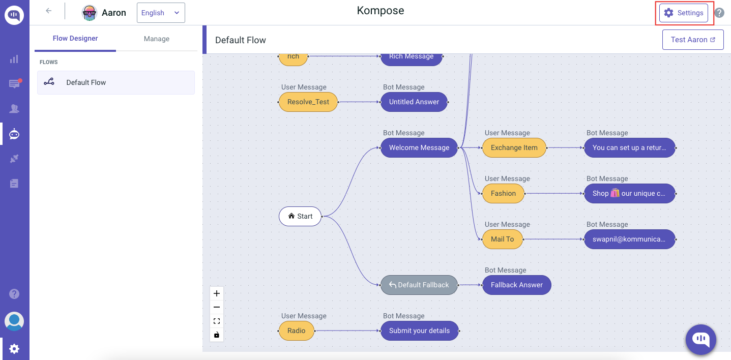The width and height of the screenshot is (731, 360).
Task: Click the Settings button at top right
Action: (684, 13)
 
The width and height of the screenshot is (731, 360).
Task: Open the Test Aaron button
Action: (692, 40)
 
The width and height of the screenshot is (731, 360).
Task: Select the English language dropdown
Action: (160, 13)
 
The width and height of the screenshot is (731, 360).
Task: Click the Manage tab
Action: (156, 39)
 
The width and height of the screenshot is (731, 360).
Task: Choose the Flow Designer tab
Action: (75, 39)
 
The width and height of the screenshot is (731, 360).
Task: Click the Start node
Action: (300, 216)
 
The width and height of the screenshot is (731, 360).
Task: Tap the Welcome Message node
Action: (419, 147)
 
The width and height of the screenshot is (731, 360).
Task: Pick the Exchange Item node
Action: (514, 147)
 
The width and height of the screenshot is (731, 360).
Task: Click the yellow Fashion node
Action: (503, 193)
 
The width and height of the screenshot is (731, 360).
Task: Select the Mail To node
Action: (502, 239)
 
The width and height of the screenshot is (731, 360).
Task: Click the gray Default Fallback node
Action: (419, 285)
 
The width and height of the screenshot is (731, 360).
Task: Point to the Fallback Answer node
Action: (516, 285)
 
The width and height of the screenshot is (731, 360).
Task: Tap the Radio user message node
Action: (296, 331)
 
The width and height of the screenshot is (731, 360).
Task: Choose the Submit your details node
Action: (419, 331)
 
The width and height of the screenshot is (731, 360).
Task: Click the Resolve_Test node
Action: (308, 102)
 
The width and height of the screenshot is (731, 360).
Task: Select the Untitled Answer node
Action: (414, 102)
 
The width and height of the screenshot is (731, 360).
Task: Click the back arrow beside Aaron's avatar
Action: (49, 11)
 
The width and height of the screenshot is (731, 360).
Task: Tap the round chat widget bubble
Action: (700, 339)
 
